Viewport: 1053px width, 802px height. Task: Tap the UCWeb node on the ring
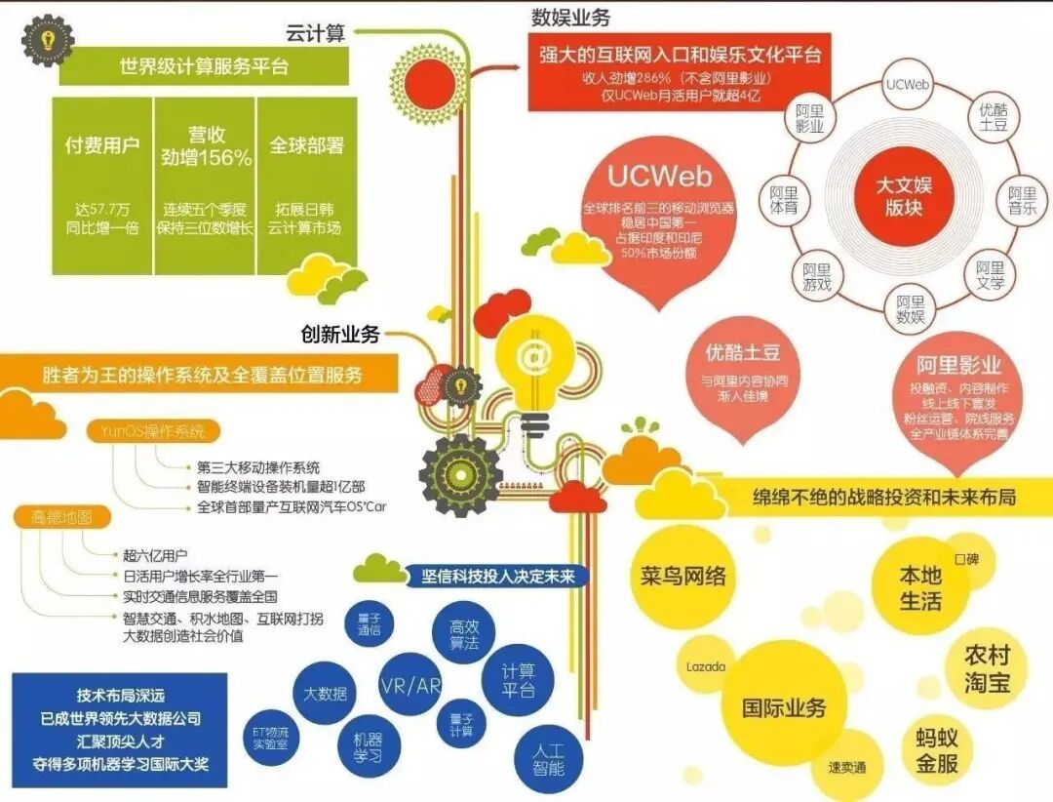click(x=906, y=84)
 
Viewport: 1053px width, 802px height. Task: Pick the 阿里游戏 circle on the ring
click(x=817, y=276)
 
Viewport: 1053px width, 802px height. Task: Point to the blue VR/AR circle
click(x=409, y=685)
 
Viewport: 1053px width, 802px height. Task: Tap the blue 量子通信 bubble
click(x=367, y=623)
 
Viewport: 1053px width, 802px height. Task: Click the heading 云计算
click(x=314, y=34)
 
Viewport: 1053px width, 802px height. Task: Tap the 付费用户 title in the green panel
click(x=102, y=146)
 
